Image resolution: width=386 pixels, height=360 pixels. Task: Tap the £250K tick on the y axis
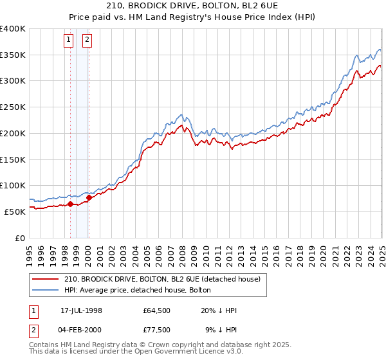coord(13,107)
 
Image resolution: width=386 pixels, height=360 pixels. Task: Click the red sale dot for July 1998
coord(70,204)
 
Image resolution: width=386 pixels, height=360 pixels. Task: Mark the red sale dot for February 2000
coord(89,198)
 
